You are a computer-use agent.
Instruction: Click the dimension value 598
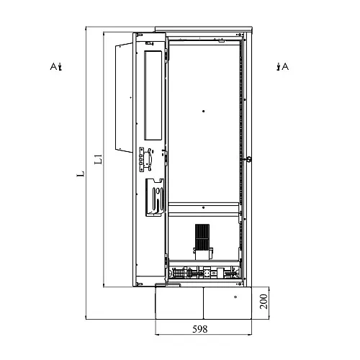click(x=199, y=329)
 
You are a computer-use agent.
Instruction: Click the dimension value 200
click(x=264, y=302)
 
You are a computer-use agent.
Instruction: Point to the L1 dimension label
click(x=98, y=159)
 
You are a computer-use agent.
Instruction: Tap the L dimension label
click(x=81, y=174)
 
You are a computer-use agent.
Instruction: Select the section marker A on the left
click(x=56, y=66)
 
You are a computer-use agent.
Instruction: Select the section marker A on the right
click(x=282, y=66)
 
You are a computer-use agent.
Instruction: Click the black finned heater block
click(x=202, y=237)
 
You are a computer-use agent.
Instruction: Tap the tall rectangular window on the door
click(x=153, y=95)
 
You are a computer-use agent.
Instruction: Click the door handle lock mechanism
click(x=145, y=159)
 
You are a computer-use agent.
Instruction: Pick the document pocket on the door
click(x=155, y=197)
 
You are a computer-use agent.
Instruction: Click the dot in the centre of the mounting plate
click(x=204, y=111)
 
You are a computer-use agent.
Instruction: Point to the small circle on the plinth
click(x=235, y=297)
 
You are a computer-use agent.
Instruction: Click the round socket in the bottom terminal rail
click(x=207, y=273)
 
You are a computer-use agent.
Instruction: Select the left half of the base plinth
click(x=179, y=303)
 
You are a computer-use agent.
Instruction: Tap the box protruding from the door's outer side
click(x=124, y=98)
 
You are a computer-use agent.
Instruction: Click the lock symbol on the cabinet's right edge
click(x=249, y=158)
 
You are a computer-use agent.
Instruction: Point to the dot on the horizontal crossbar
click(x=204, y=207)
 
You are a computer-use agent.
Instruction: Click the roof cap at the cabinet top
click(x=204, y=30)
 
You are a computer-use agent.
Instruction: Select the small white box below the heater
click(x=203, y=254)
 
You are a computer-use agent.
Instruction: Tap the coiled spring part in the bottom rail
click(x=178, y=273)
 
